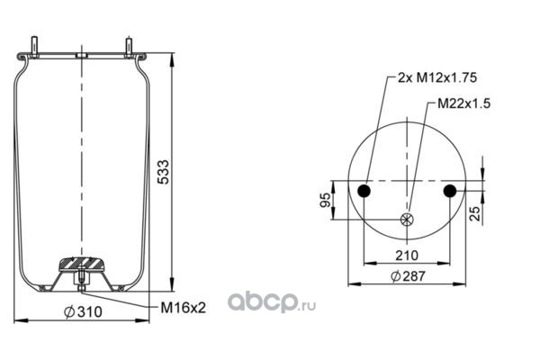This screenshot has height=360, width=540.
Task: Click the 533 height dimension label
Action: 164,172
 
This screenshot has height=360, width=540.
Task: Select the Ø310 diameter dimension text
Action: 84,311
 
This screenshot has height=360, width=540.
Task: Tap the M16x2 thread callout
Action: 184,308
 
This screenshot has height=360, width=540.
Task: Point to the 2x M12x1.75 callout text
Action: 437,77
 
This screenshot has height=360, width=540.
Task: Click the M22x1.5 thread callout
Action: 463,103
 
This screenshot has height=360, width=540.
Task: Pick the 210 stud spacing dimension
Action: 407,256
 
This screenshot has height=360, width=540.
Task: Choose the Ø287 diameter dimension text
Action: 409,276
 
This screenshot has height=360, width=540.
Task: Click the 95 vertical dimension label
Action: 326,200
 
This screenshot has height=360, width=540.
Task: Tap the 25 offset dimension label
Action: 475,213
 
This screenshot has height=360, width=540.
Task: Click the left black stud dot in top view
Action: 364,191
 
